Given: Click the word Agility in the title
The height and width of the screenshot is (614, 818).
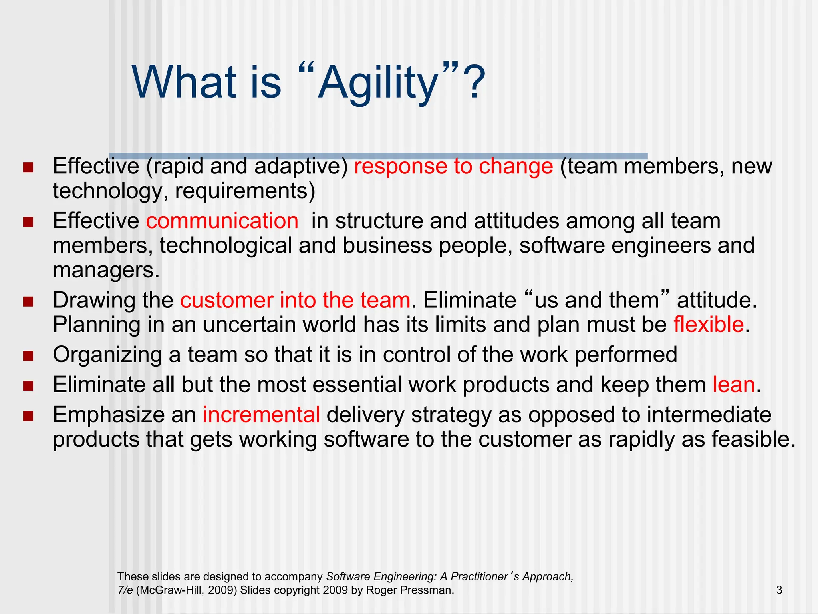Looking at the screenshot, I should (377, 83).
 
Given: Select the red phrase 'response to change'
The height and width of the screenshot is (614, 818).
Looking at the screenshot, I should (453, 166).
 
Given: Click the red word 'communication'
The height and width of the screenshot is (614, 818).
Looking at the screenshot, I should (222, 221).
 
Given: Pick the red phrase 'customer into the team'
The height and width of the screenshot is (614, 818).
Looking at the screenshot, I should (295, 300).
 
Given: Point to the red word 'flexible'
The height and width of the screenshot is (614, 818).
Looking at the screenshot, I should (708, 324).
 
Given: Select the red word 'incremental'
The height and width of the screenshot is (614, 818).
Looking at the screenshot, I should (261, 414).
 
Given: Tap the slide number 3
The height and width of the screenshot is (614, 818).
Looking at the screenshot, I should (779, 590).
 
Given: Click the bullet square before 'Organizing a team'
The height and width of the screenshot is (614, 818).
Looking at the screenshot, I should (28, 355).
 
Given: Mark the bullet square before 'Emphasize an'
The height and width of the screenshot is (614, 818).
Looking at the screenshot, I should (28, 415).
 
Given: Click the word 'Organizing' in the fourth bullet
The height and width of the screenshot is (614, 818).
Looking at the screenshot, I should (107, 355).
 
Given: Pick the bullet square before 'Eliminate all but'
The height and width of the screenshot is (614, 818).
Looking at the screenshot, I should (28, 385).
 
